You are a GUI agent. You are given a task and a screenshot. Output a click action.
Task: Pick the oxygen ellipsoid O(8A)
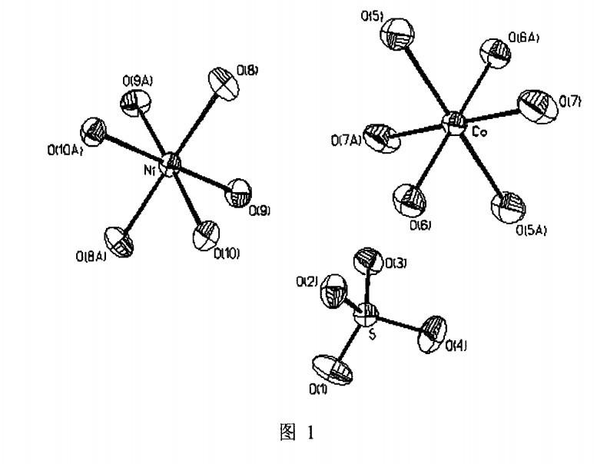(121, 241)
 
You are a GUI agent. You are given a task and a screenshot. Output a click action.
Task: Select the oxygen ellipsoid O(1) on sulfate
(336, 370)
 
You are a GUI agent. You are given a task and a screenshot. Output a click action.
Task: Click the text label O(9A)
(135, 78)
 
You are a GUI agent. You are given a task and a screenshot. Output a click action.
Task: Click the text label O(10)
(227, 253)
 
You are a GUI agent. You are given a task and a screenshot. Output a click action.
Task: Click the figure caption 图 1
(299, 432)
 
